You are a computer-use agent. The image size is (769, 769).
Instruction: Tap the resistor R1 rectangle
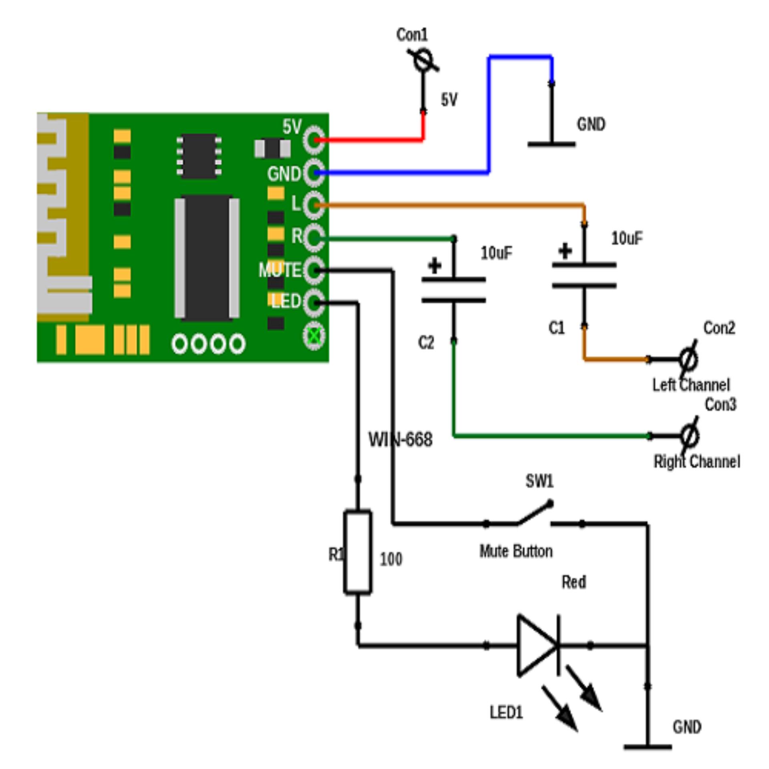click(358, 551)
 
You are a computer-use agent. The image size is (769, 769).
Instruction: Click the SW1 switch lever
click(535, 513)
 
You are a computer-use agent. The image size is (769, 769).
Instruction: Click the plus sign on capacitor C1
click(565, 252)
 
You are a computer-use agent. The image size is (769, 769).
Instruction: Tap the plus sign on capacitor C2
click(435, 266)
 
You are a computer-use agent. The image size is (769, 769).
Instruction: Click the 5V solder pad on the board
click(314, 139)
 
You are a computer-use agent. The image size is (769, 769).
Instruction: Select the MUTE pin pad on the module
click(314, 271)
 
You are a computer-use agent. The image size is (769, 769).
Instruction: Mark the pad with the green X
click(314, 336)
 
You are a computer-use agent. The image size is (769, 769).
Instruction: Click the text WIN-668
click(401, 439)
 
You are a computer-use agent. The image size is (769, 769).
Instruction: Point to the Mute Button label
click(516, 552)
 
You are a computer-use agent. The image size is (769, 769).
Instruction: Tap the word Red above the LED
click(574, 582)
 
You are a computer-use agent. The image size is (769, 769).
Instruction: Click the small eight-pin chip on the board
click(199, 155)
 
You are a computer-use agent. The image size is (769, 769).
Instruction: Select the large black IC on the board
click(207, 258)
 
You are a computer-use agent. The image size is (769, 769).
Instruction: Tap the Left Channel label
click(691, 385)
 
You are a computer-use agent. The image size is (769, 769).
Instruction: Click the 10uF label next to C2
click(497, 253)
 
